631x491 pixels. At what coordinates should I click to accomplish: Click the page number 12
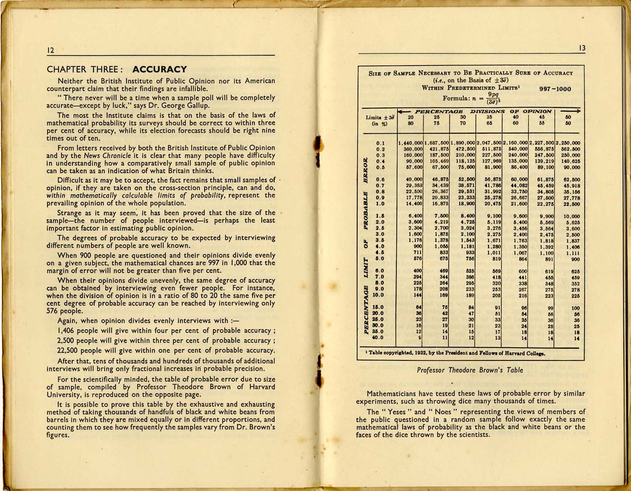point(50,50)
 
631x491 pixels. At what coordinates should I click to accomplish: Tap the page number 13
point(582,48)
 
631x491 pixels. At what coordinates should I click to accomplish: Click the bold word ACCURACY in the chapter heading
point(159,69)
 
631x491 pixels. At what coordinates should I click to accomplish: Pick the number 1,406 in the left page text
point(67,331)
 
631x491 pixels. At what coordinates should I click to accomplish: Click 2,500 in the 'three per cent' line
point(67,340)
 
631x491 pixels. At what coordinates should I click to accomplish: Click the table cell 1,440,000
point(411,142)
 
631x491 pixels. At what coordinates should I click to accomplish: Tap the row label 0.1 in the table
point(381,142)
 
